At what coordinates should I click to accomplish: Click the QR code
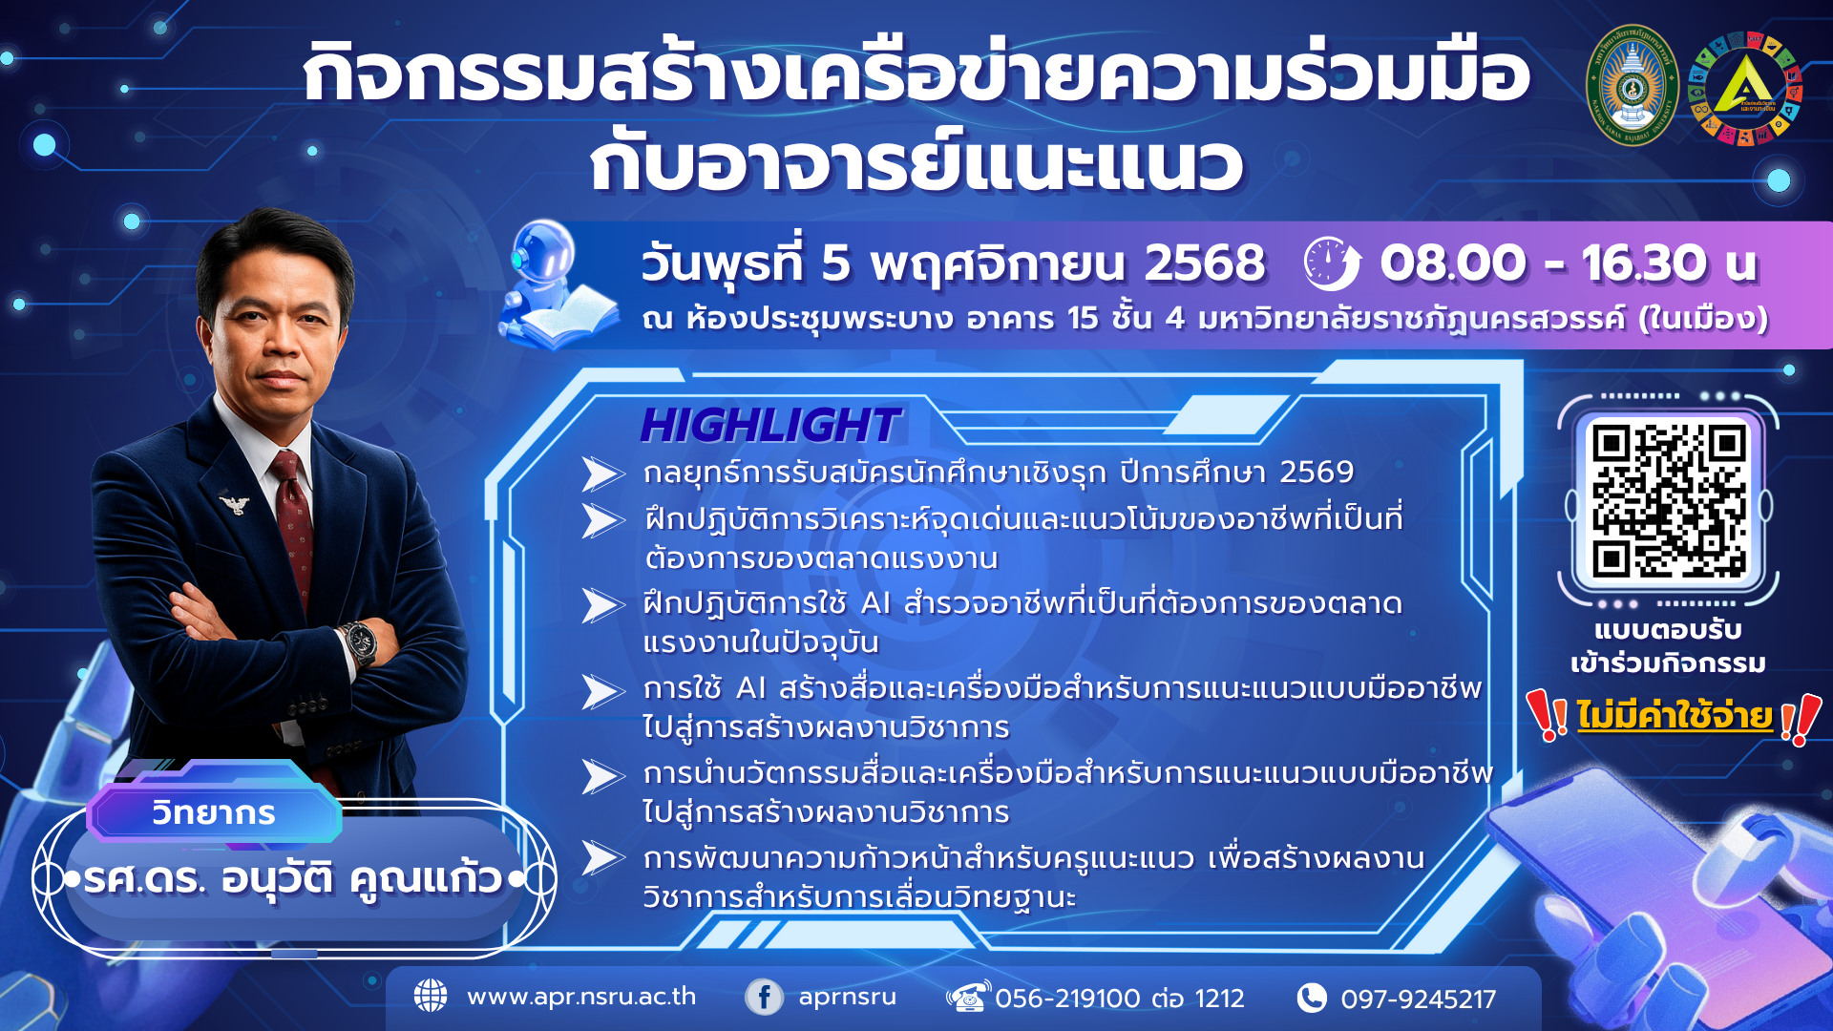1668,500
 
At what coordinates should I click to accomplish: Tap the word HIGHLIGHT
769,426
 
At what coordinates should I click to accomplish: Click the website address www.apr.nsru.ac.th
580,997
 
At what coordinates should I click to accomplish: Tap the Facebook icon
764,997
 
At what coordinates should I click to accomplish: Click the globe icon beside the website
431,996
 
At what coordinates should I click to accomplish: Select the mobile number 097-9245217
1418,999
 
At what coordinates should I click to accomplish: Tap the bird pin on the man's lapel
233,502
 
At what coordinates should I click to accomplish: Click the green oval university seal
1632,86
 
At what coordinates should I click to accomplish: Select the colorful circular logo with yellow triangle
1744,89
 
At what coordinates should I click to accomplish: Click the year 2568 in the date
1205,263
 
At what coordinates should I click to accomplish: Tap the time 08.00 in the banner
1452,263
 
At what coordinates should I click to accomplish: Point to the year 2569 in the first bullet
1317,472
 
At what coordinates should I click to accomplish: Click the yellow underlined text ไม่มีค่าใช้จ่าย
1674,715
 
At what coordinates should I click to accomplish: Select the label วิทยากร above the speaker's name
214,813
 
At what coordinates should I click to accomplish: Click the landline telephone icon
968,997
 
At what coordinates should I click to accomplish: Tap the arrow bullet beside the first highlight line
602,473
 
